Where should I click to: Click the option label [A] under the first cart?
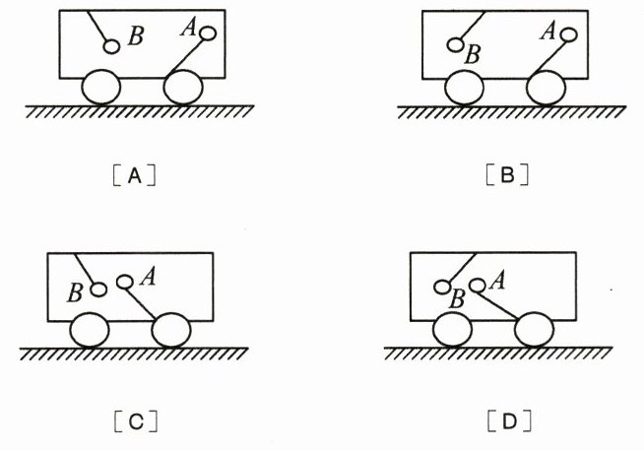(x=138, y=177)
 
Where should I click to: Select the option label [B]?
(x=508, y=177)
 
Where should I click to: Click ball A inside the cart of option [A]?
(x=208, y=33)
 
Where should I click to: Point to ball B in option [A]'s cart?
(x=112, y=46)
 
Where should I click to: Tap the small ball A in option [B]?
(x=569, y=34)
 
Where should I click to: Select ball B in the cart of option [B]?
(x=455, y=44)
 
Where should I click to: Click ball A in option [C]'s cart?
(x=125, y=283)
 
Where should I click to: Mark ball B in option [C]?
(x=97, y=290)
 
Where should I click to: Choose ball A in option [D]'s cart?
(x=477, y=287)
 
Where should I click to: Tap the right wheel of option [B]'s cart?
(x=547, y=89)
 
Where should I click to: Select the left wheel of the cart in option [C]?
(x=89, y=329)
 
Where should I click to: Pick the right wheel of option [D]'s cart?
(x=535, y=330)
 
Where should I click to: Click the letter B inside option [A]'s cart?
(x=136, y=37)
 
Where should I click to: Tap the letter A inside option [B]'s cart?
(x=548, y=31)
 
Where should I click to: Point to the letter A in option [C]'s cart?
(x=149, y=277)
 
